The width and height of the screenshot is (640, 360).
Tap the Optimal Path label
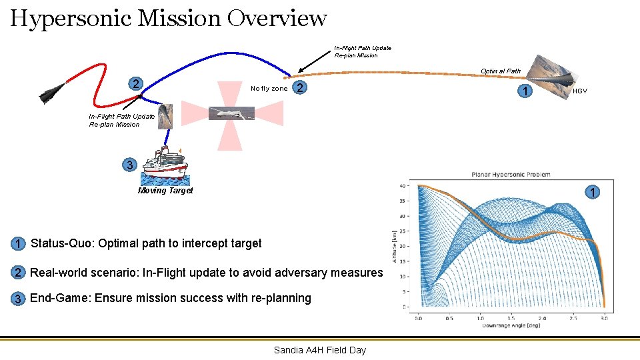click(x=500, y=71)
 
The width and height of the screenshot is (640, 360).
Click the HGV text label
click(x=580, y=91)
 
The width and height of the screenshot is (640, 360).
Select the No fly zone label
click(x=269, y=89)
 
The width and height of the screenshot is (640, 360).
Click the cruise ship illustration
click(x=165, y=163)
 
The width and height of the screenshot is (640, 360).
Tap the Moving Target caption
click(x=165, y=191)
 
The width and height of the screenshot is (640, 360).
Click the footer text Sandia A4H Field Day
click(x=320, y=350)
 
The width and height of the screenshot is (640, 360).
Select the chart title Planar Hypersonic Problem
click(x=511, y=175)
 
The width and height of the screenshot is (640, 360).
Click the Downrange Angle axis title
click(x=511, y=325)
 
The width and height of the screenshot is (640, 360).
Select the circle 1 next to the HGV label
click(x=527, y=91)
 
